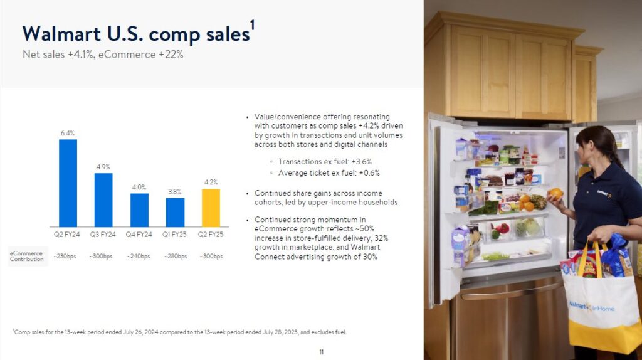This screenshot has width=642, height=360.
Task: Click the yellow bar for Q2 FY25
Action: point(211,208)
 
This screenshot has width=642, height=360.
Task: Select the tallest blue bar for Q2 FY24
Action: point(68,183)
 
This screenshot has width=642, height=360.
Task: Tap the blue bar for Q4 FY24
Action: point(139,210)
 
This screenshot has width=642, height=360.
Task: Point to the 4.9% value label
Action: point(103,167)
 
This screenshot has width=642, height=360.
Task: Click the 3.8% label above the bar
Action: point(175,192)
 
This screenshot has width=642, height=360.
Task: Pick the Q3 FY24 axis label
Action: point(103,235)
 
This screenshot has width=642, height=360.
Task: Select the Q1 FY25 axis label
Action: point(174,235)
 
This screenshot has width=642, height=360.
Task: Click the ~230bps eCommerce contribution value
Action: point(65,257)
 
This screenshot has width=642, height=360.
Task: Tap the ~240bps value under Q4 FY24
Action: point(139,257)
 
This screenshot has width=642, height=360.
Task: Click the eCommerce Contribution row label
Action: point(26,256)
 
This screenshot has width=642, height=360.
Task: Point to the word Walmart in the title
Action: point(61,34)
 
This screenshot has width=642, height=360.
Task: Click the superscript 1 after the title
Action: point(253,25)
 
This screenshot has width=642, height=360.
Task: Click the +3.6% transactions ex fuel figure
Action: point(361,162)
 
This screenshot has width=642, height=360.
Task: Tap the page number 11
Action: point(322,352)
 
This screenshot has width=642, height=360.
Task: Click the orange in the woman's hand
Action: point(555,193)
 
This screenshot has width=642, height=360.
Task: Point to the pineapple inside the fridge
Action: point(537,202)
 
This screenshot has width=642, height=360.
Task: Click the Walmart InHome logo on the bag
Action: point(592,307)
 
